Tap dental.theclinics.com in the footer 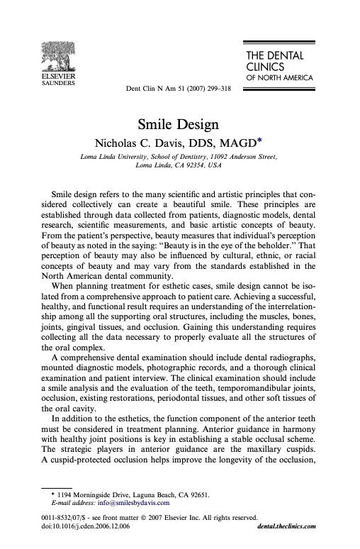pos(283,526)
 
